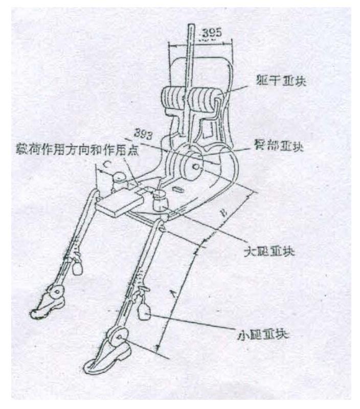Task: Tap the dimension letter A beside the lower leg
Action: tap(171, 293)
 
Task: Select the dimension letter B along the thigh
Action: tap(223, 215)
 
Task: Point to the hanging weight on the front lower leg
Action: tap(145, 309)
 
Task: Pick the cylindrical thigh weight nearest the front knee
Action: tap(160, 197)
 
